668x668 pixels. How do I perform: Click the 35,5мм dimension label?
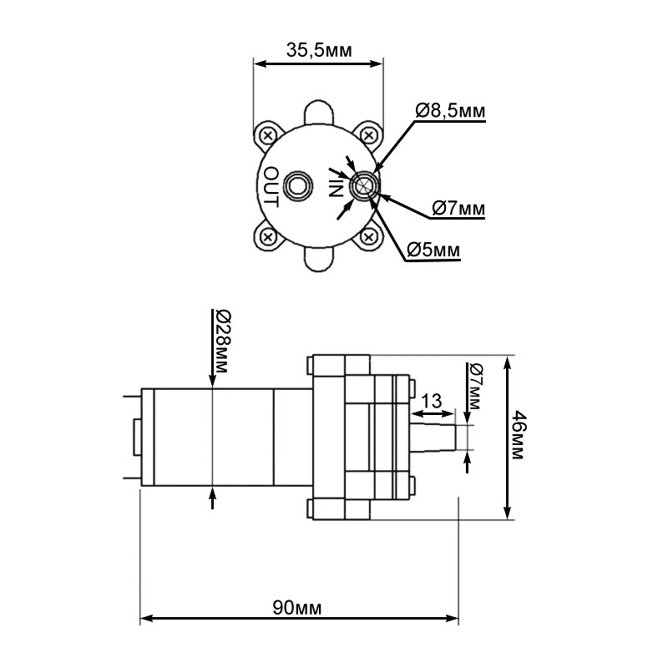pyautogui.click(x=319, y=50)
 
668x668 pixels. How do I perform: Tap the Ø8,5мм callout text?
pyautogui.click(x=450, y=111)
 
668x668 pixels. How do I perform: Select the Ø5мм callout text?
pyautogui.click(x=433, y=250)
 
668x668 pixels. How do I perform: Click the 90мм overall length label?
pyautogui.click(x=297, y=608)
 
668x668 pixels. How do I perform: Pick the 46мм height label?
pyautogui.click(x=517, y=435)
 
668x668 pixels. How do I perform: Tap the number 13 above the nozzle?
pyautogui.click(x=432, y=402)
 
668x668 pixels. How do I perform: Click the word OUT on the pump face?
pyautogui.click(x=271, y=187)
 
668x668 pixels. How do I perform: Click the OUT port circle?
pyautogui.click(x=299, y=186)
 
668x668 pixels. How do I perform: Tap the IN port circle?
pyautogui.click(x=364, y=186)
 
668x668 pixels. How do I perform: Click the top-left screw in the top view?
pyautogui.click(x=268, y=136)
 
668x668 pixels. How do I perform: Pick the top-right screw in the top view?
pyautogui.click(x=368, y=136)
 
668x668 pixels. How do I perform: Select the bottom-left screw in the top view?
pyautogui.click(x=268, y=236)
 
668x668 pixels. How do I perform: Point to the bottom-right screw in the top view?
pyautogui.click(x=368, y=236)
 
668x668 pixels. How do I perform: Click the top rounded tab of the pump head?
pyautogui.click(x=318, y=112)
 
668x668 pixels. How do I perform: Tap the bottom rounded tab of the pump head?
pyautogui.click(x=318, y=260)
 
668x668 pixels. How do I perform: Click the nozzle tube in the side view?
pyautogui.click(x=433, y=437)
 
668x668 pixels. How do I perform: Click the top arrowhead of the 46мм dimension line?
pyautogui.click(x=507, y=365)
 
